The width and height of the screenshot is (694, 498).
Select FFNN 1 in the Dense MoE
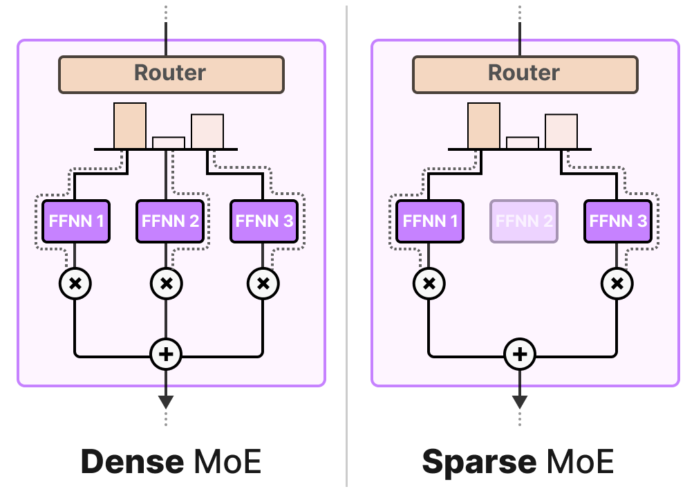[76, 221]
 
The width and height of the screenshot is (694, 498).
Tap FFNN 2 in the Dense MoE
[170, 221]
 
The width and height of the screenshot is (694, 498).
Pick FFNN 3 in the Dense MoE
[264, 221]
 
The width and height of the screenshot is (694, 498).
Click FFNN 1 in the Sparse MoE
[430, 221]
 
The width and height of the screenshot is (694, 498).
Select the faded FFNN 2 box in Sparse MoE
[524, 221]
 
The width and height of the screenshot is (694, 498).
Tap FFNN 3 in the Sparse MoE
[618, 221]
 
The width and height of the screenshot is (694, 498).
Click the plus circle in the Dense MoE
[166, 355]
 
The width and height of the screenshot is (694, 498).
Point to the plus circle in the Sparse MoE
[520, 355]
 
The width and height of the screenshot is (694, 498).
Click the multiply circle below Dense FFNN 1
[75, 284]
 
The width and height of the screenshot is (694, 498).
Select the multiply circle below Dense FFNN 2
[166, 284]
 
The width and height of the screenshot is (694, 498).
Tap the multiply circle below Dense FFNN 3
[263, 284]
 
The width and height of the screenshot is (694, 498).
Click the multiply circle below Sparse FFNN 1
[429, 284]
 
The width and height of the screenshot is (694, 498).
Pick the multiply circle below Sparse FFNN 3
[617, 284]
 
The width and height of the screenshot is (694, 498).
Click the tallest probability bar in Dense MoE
[130, 126]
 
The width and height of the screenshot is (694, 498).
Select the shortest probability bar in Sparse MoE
[523, 142]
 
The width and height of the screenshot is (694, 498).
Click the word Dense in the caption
[132, 462]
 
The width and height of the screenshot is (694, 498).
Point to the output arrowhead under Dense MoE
[166, 402]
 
